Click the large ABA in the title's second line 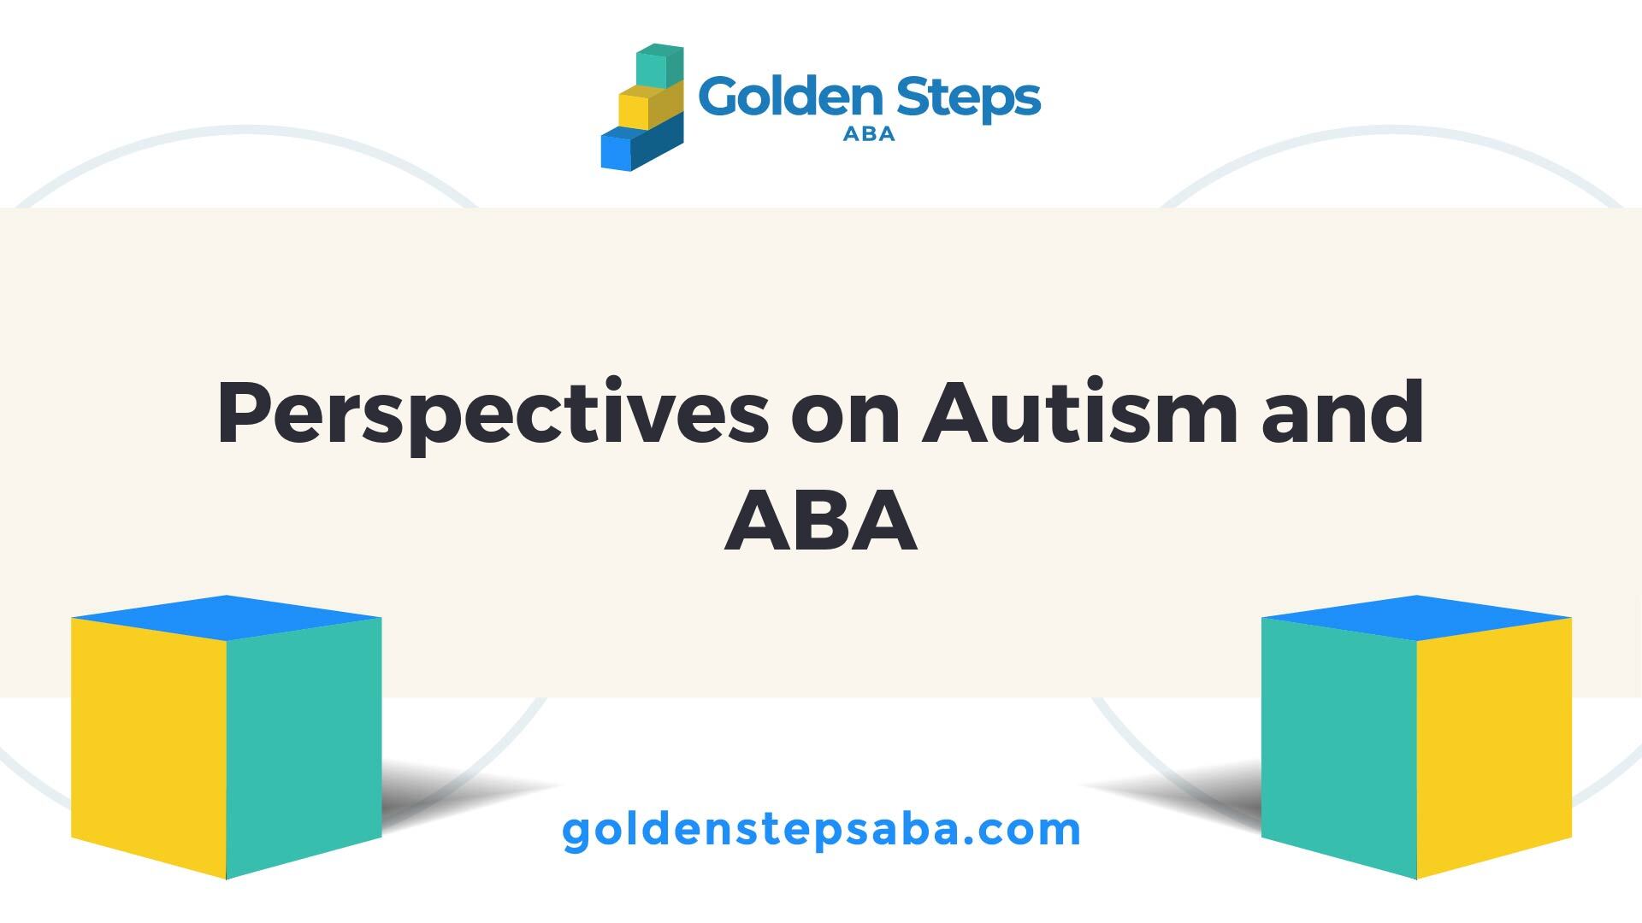(821, 520)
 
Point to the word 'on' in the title (845, 420)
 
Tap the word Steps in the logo (967, 99)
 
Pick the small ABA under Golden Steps (869, 134)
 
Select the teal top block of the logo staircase (659, 66)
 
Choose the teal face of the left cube (304, 748)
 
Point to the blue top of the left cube (227, 617)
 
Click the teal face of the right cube (1339, 748)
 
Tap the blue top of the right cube (1417, 617)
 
